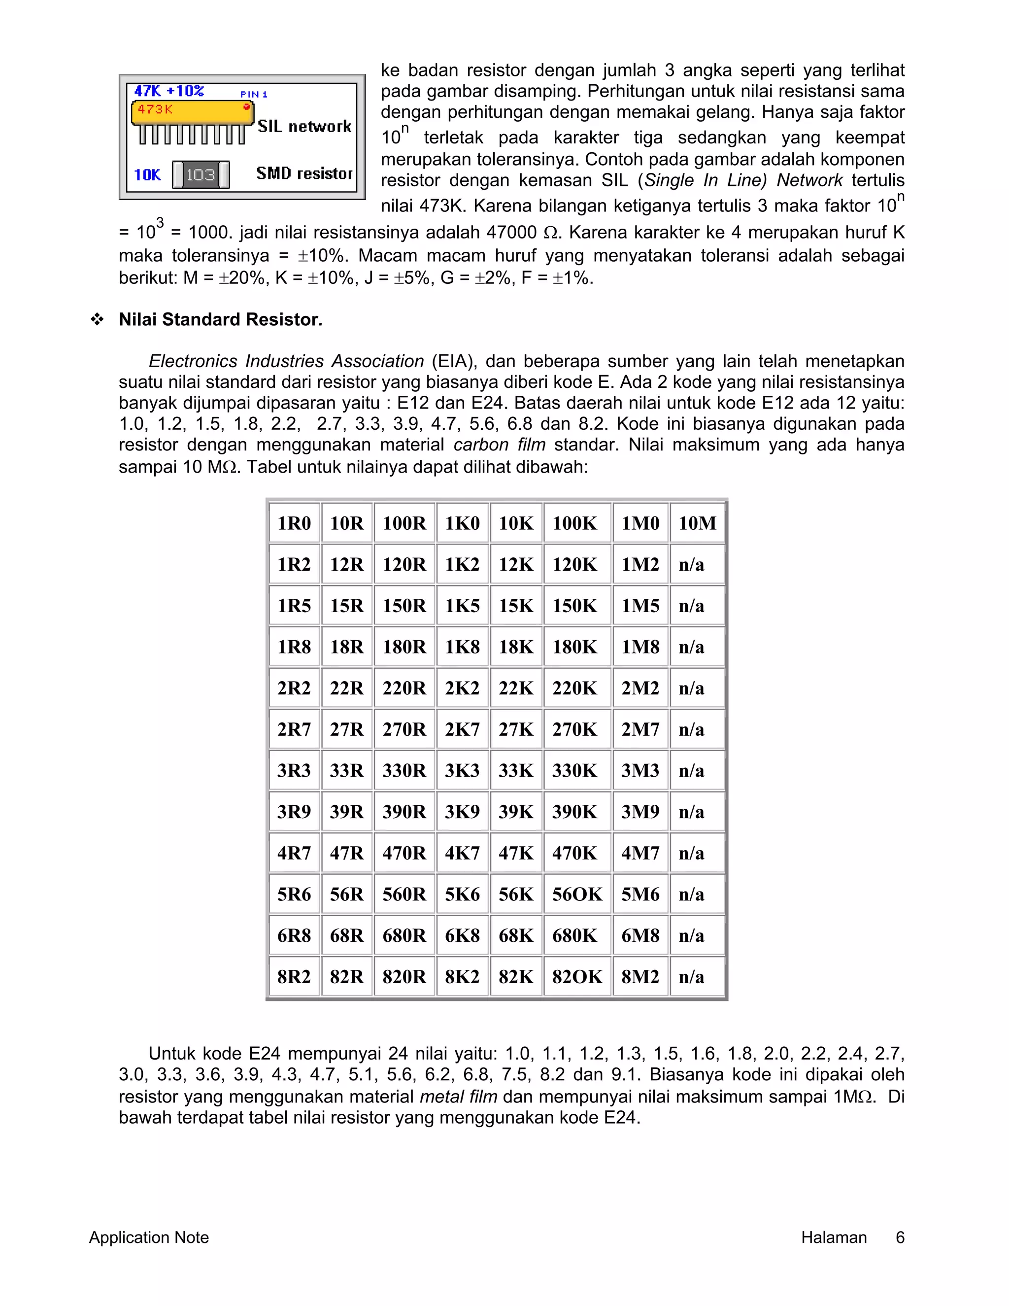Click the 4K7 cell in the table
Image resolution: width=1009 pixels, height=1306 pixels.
tap(462, 853)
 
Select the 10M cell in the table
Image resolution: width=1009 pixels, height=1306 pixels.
tap(697, 523)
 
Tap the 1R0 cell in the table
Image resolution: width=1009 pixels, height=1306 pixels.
tap(294, 523)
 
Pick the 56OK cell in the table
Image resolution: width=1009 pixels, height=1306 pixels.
tap(577, 894)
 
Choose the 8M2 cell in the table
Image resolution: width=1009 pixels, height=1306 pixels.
tap(640, 976)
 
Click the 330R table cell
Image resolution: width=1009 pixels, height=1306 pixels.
tap(404, 770)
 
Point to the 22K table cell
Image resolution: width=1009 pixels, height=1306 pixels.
tap(516, 687)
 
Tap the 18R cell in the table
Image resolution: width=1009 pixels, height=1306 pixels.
tap(347, 647)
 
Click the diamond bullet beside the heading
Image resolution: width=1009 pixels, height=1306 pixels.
tap(97, 320)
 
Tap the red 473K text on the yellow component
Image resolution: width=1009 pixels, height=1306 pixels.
tap(155, 109)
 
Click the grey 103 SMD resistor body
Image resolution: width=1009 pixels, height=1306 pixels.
tap(200, 174)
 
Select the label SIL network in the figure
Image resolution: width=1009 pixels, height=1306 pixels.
tap(304, 126)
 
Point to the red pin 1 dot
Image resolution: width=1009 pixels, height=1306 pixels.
tap(246, 107)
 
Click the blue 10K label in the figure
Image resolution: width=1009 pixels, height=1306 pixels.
tap(147, 174)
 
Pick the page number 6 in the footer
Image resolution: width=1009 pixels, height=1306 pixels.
tap(900, 1237)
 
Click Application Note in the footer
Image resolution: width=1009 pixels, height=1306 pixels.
tap(149, 1237)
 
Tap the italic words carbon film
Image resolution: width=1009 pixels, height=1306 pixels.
tap(499, 445)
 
